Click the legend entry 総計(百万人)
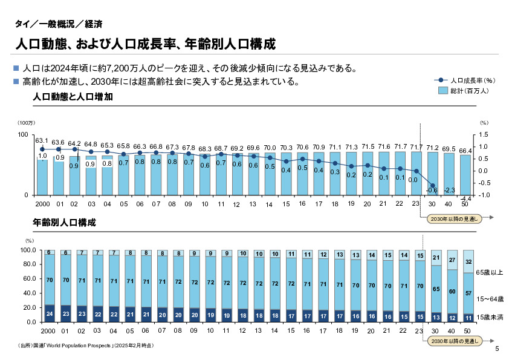click(x=468, y=90)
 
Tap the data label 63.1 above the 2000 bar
click(x=42, y=140)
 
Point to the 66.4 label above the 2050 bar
click(x=465, y=150)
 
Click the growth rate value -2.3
click(x=449, y=190)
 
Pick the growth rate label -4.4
click(x=465, y=198)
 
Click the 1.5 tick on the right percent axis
click(x=483, y=134)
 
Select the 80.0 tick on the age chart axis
click(x=30, y=264)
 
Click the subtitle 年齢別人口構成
click(x=65, y=223)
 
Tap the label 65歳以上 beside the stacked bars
click(x=489, y=272)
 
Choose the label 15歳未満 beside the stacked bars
click(x=489, y=317)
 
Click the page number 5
click(x=497, y=349)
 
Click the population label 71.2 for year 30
click(x=433, y=148)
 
